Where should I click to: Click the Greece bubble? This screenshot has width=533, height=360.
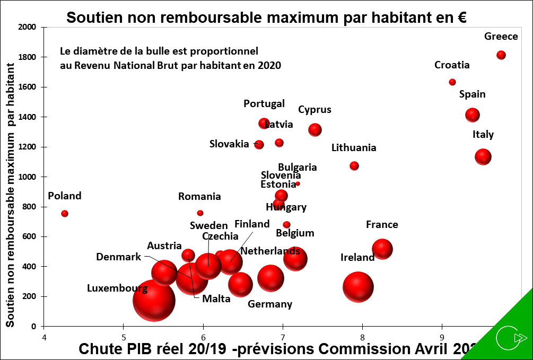click(x=501, y=55)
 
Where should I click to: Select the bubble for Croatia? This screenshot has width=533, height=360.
click(x=452, y=82)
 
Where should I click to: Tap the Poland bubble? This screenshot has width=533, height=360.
click(x=65, y=214)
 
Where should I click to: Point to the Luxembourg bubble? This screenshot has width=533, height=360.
click(x=154, y=300)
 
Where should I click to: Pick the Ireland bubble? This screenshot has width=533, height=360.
click(x=359, y=287)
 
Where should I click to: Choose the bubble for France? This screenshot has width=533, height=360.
click(x=382, y=249)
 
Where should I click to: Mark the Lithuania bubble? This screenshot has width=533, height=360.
click(x=354, y=166)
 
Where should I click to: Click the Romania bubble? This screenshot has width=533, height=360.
click(x=200, y=213)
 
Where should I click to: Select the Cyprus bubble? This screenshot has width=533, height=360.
click(x=315, y=129)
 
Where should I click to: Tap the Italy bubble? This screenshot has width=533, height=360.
click(x=483, y=156)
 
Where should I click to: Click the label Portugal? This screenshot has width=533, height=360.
click(x=264, y=104)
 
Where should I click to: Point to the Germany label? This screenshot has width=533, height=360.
click(x=270, y=304)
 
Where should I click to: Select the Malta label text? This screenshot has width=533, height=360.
click(x=216, y=299)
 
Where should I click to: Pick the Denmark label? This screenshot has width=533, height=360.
click(x=119, y=257)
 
